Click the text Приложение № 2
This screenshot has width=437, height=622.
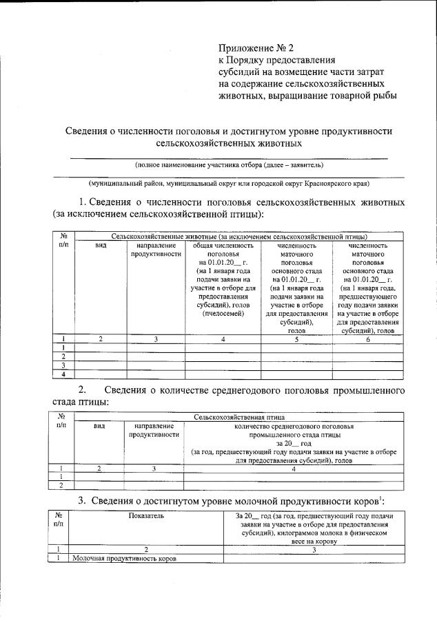click(x=256, y=48)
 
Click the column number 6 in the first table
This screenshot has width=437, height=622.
click(x=367, y=339)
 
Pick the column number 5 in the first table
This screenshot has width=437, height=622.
click(x=296, y=339)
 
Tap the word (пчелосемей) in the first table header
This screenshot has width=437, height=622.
click(x=223, y=314)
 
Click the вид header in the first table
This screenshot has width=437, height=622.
click(x=100, y=245)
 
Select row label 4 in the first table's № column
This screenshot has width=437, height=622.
click(x=63, y=374)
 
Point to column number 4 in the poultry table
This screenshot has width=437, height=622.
click(x=293, y=469)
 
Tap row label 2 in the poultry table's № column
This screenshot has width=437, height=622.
click(x=63, y=485)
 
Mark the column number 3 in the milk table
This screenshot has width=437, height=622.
click(x=313, y=549)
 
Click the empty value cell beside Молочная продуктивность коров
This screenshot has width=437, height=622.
click(x=313, y=558)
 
